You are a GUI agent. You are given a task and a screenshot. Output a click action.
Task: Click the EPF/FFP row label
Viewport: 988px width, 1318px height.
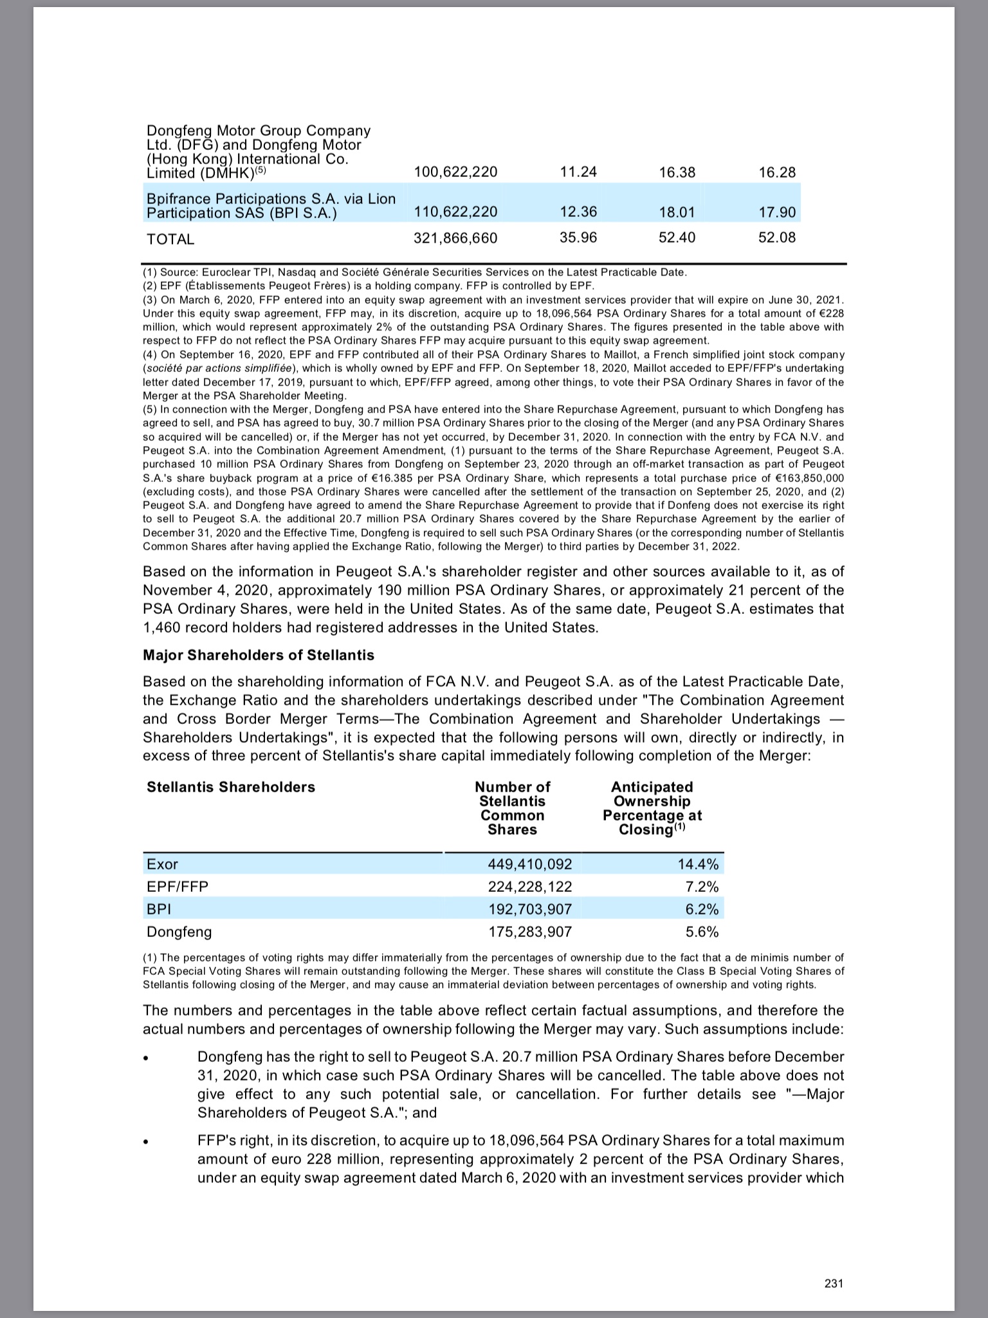coord(178,887)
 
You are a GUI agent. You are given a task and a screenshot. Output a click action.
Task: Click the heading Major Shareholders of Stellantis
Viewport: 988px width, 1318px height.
coord(258,655)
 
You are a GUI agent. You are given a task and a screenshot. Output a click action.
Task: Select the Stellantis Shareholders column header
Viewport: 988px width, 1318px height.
coord(231,787)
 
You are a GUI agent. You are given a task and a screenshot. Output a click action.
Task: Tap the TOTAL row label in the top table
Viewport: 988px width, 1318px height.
coord(170,239)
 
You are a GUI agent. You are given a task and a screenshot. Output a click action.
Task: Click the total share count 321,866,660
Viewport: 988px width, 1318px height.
coord(455,239)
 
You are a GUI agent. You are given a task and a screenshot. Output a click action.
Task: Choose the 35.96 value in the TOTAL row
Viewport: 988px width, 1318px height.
coord(578,238)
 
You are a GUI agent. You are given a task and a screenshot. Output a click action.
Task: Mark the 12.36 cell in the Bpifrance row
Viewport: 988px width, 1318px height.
coord(578,212)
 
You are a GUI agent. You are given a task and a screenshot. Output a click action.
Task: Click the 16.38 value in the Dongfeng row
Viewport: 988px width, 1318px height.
coord(677,172)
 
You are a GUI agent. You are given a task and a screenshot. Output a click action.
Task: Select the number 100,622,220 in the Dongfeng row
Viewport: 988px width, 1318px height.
coord(455,172)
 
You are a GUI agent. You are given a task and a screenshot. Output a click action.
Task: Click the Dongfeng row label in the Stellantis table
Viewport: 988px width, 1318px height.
coord(179,932)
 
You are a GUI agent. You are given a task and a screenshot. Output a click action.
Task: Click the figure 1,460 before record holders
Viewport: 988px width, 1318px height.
coord(161,627)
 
